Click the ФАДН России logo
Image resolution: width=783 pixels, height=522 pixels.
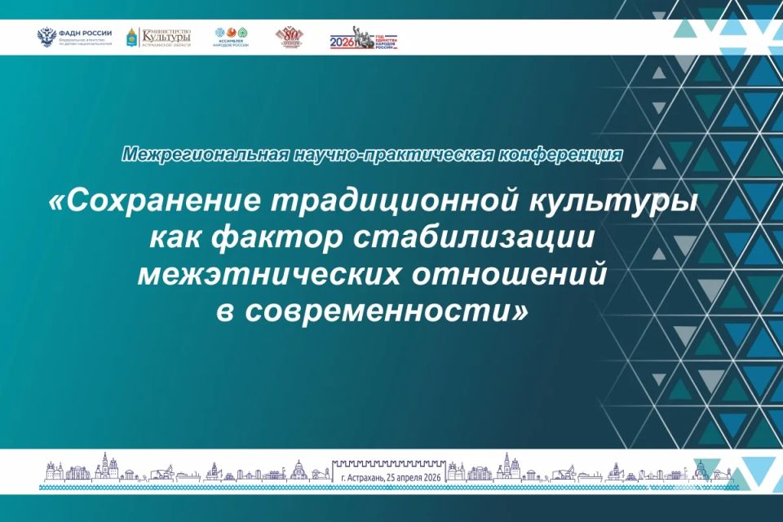coord(75,38)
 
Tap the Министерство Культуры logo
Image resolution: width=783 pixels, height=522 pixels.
coord(159,38)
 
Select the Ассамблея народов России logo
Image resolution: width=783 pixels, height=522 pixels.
coord(231,38)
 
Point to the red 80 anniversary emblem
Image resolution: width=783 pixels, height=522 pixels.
coord(291,38)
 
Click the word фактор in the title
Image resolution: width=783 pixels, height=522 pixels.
coord(282,238)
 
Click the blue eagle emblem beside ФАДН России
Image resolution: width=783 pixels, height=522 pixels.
coord(46,38)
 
